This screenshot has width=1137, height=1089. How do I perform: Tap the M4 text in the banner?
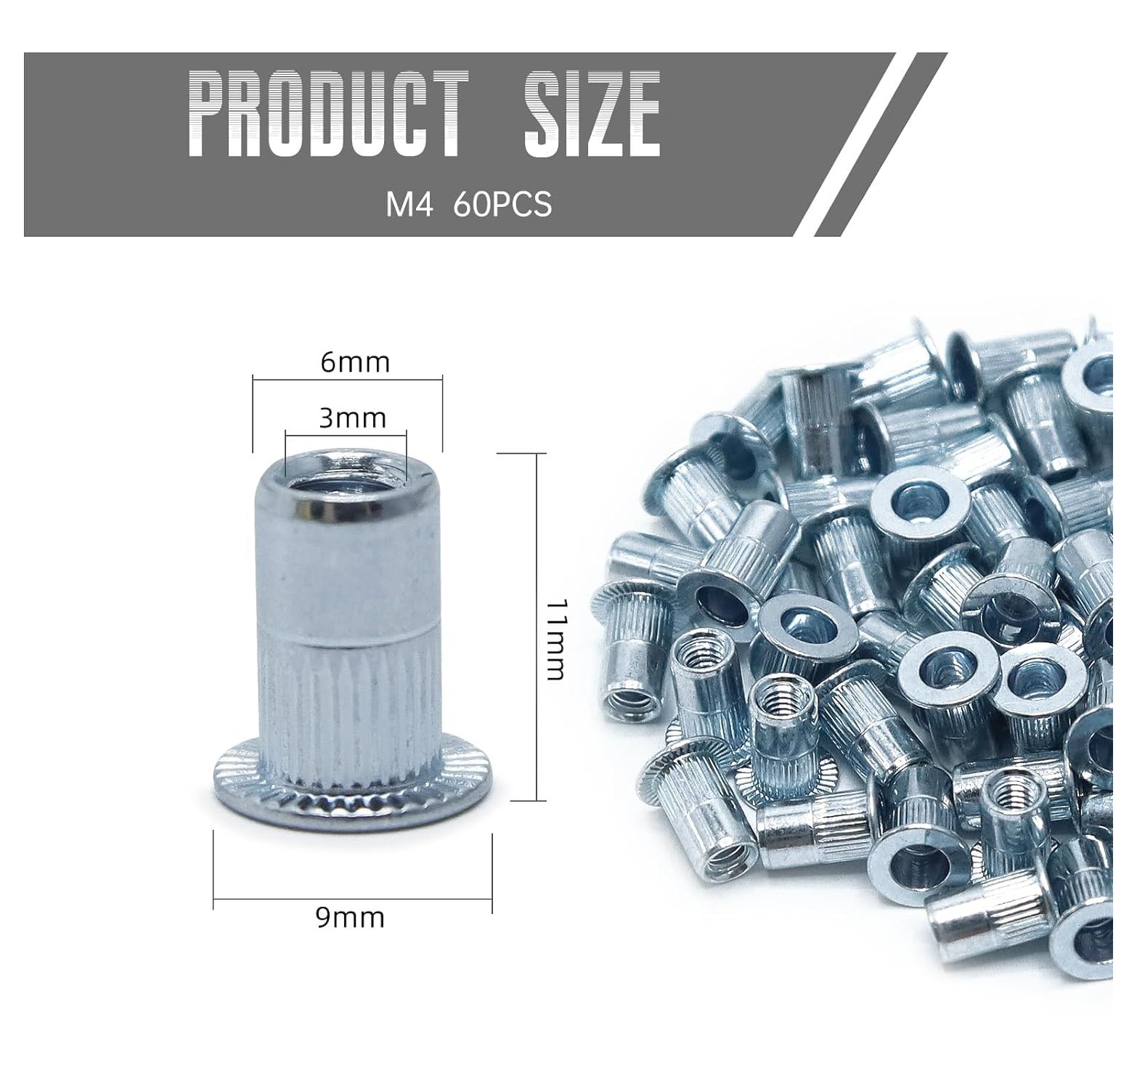409,205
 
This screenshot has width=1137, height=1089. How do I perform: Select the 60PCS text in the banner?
502,205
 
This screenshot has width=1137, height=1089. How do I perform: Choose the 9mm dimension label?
350,918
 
